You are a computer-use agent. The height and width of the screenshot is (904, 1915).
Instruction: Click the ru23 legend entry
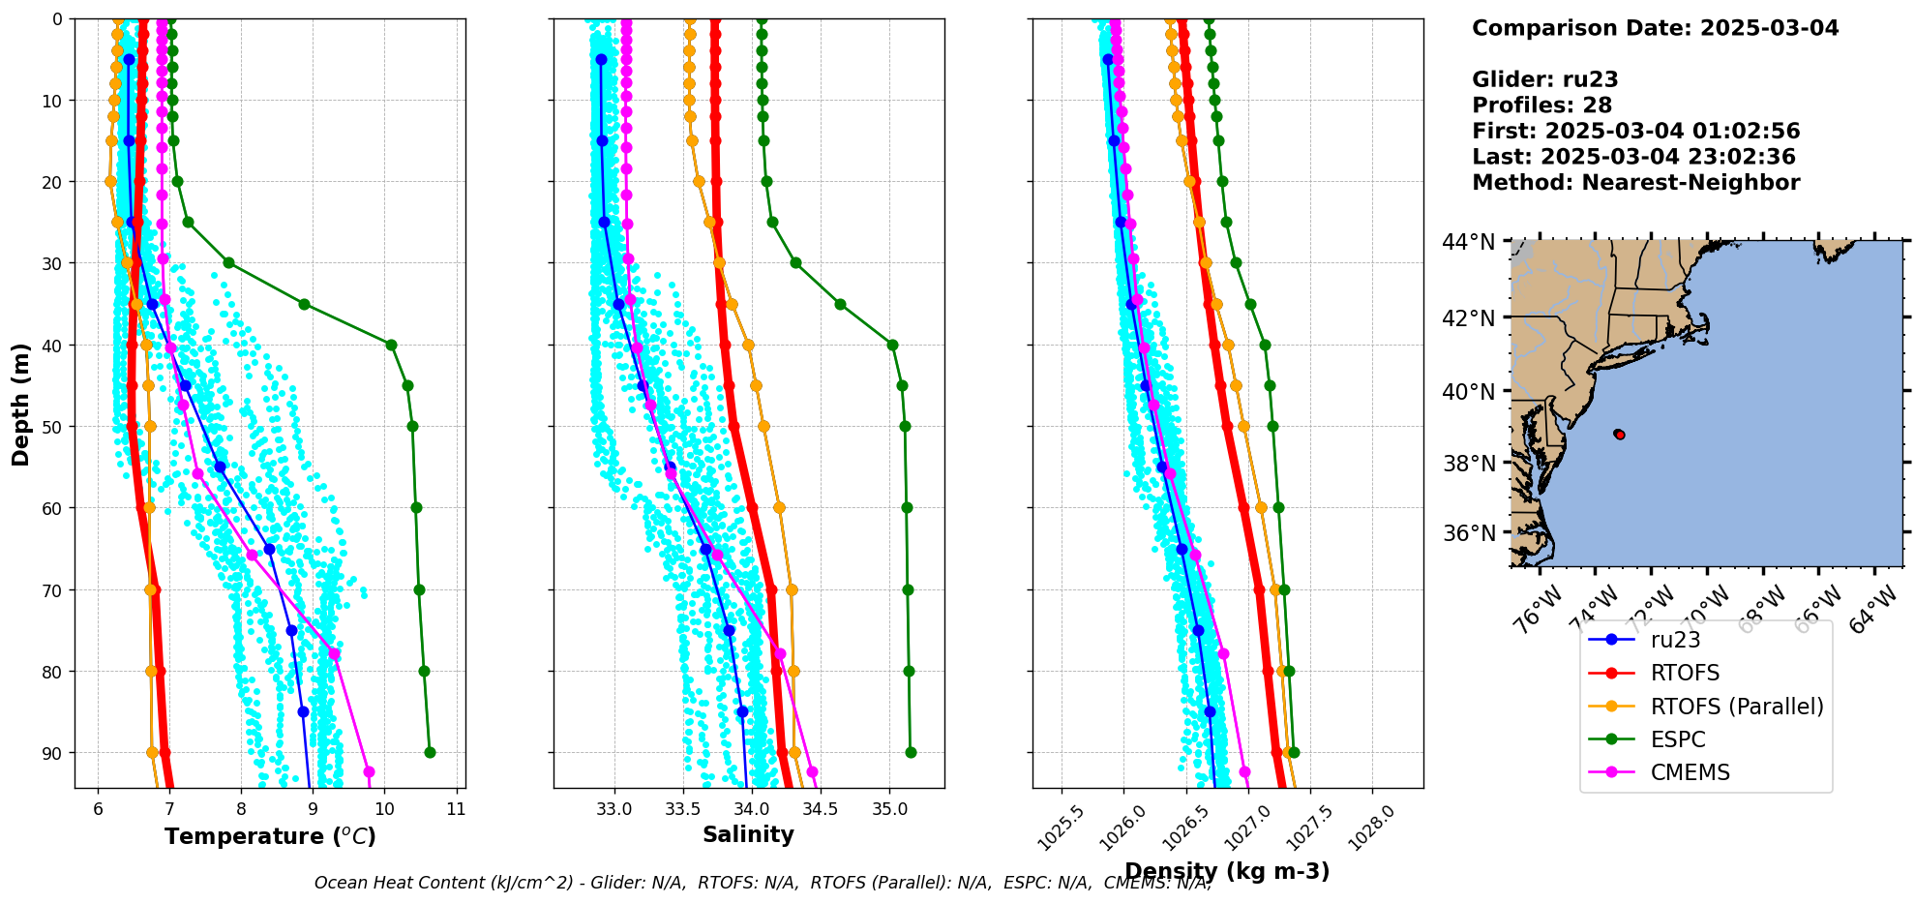(1675, 640)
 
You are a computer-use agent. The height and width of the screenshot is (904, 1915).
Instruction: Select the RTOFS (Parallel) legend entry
(1737, 707)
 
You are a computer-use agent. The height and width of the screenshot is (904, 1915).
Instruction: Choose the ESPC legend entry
(1678, 739)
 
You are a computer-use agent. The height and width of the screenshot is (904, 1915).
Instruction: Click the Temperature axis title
(270, 836)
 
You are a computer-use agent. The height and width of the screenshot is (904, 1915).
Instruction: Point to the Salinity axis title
(748, 834)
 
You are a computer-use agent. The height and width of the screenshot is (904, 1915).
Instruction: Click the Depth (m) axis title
(21, 404)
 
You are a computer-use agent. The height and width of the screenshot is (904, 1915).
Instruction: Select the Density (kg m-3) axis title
(1227, 871)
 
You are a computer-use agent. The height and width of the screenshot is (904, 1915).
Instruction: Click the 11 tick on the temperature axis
(456, 809)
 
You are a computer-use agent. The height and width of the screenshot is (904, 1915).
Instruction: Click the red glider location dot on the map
(1619, 435)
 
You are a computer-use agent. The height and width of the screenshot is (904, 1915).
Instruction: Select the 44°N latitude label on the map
(1468, 242)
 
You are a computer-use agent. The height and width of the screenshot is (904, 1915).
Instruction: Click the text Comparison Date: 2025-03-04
(1655, 28)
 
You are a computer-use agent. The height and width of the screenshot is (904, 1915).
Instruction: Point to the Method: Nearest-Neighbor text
(1635, 183)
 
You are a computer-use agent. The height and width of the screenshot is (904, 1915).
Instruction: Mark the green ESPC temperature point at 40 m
(391, 345)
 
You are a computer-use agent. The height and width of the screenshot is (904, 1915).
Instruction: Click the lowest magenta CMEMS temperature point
(369, 771)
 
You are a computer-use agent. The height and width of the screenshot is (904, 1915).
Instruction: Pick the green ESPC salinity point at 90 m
(911, 752)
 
